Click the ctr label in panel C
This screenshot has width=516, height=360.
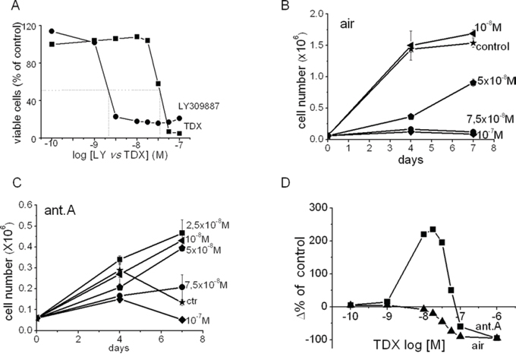[197, 301]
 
